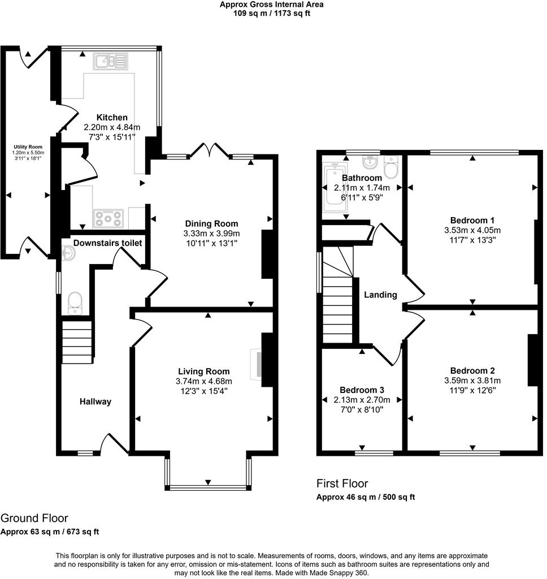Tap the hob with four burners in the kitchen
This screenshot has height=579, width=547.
pos(108,218)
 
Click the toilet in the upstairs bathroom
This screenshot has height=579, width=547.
pos(390,167)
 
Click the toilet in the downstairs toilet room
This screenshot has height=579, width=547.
pos(75,303)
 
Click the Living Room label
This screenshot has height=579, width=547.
pos(203,371)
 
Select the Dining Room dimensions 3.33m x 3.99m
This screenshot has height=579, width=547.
pos(211,234)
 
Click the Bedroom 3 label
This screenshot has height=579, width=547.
pos(362,390)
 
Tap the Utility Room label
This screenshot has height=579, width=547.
pos(28,147)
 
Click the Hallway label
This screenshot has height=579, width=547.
pos(94,401)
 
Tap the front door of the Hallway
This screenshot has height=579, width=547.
pos(115,444)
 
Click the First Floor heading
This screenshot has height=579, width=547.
pos(342,483)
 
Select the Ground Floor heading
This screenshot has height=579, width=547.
pos(34,518)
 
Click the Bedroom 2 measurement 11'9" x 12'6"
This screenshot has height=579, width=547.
pos(472,390)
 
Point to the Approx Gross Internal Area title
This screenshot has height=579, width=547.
pos(272,5)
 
